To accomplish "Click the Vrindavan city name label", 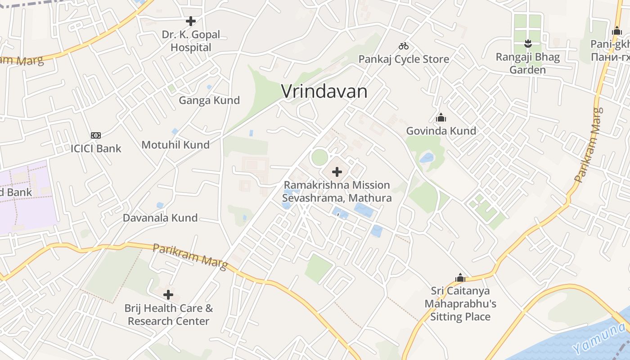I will pos(324,91).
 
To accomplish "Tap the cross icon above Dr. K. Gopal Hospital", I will pos(191,21).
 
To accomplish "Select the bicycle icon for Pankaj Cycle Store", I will pos(404,46).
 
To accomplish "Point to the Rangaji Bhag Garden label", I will pos(527,63).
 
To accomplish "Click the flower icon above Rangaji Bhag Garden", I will pos(528,44).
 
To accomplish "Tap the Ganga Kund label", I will pos(209,100).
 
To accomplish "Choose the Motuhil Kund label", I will pos(175,145).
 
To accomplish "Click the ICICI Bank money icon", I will pos(96,135).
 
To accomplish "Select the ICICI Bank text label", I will pos(96,148).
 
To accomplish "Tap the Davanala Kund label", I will pos(160,218).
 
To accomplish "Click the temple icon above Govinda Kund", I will pos(441,118).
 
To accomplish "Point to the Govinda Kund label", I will pos(441,131).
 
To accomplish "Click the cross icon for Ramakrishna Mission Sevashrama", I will pos(337,172).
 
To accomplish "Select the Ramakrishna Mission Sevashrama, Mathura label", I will pos(337,191).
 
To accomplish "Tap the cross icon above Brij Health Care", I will pos(168,295).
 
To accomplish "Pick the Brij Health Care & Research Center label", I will pos(169,315).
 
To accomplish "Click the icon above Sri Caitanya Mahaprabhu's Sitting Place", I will pos(460,277).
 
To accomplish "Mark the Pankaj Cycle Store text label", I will pos(404,59).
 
